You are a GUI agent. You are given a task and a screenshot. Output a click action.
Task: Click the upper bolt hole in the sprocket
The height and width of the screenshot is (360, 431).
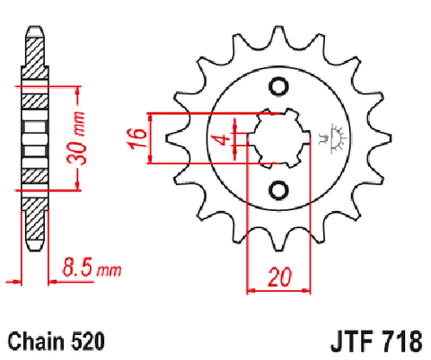[x=278, y=87]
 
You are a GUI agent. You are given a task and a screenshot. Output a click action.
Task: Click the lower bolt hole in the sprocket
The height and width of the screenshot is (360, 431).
[x=278, y=190]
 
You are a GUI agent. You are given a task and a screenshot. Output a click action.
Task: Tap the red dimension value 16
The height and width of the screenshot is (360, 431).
[x=137, y=138]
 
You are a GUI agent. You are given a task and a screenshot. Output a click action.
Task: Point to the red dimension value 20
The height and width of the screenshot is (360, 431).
[x=279, y=277]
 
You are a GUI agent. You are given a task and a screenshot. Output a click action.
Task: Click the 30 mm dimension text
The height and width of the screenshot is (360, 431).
[x=76, y=138]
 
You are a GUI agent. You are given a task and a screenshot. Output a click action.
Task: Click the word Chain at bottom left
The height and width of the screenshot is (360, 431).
[x=36, y=341]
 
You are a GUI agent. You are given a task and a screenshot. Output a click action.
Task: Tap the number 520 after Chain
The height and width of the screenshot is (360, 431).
[x=88, y=341]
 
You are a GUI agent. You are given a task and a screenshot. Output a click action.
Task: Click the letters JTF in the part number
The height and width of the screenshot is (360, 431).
[x=352, y=342]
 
